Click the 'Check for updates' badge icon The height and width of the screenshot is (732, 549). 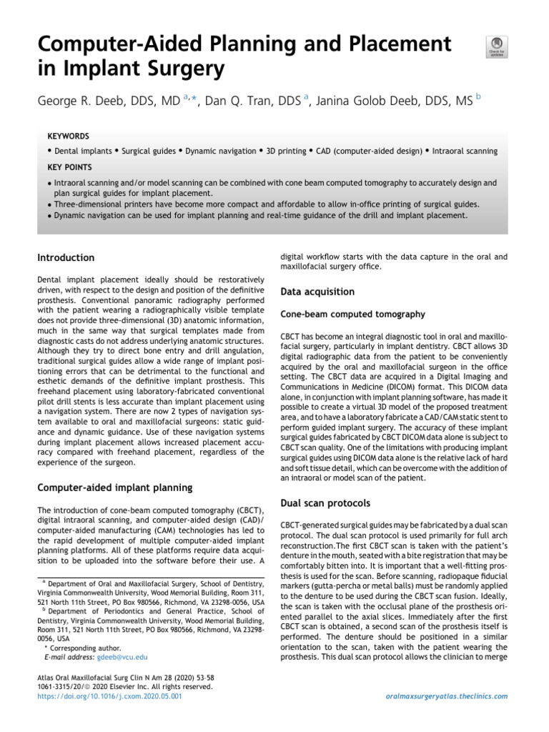point(497,45)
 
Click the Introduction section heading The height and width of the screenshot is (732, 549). point(66,257)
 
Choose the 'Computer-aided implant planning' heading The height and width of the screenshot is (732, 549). point(114,488)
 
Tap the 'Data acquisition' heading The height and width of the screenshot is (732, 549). point(317,292)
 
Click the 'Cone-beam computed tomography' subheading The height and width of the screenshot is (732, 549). point(353,314)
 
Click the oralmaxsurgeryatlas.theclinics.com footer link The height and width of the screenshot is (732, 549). point(446,695)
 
